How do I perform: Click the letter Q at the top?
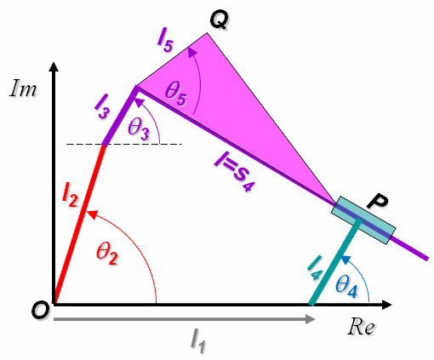(219, 20)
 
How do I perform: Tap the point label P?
(377, 202)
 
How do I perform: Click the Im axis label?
(23, 89)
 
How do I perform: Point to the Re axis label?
(361, 327)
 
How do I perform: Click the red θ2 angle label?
(106, 254)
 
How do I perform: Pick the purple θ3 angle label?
(138, 129)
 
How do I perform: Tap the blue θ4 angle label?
(346, 287)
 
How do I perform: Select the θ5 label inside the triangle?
(176, 93)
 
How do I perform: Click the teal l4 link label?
(315, 268)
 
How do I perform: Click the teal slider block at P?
(363, 220)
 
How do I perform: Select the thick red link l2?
(80, 225)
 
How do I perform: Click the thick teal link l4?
(335, 262)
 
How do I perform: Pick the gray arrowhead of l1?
(310, 319)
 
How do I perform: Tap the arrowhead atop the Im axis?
(54, 67)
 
